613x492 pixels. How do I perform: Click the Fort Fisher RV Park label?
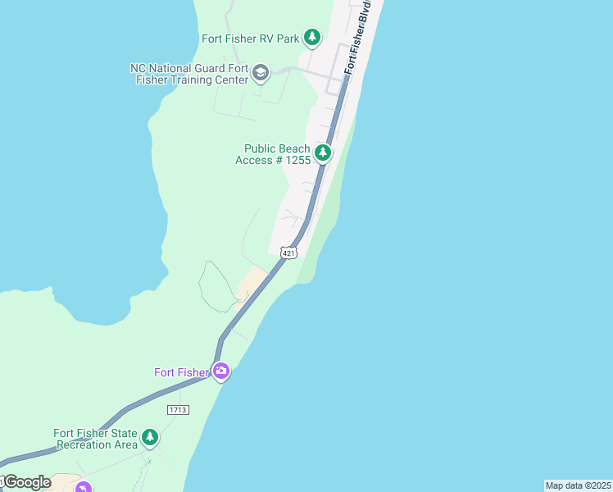point(251,39)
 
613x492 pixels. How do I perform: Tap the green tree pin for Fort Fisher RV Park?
point(311,37)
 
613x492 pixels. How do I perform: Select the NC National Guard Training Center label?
point(189,75)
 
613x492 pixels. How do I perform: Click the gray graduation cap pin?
point(261,74)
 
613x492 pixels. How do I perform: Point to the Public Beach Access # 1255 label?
point(273,154)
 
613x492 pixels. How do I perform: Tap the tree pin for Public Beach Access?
point(323,153)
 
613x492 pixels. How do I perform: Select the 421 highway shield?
point(288,253)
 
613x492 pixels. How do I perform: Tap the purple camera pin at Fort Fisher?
point(220,371)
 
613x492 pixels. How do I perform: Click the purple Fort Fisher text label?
point(181,372)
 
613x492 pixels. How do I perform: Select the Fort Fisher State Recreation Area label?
point(95,439)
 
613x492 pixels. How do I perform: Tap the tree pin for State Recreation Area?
point(149,437)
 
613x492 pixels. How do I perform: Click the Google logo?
point(26,482)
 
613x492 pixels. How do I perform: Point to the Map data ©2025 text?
point(578,485)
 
